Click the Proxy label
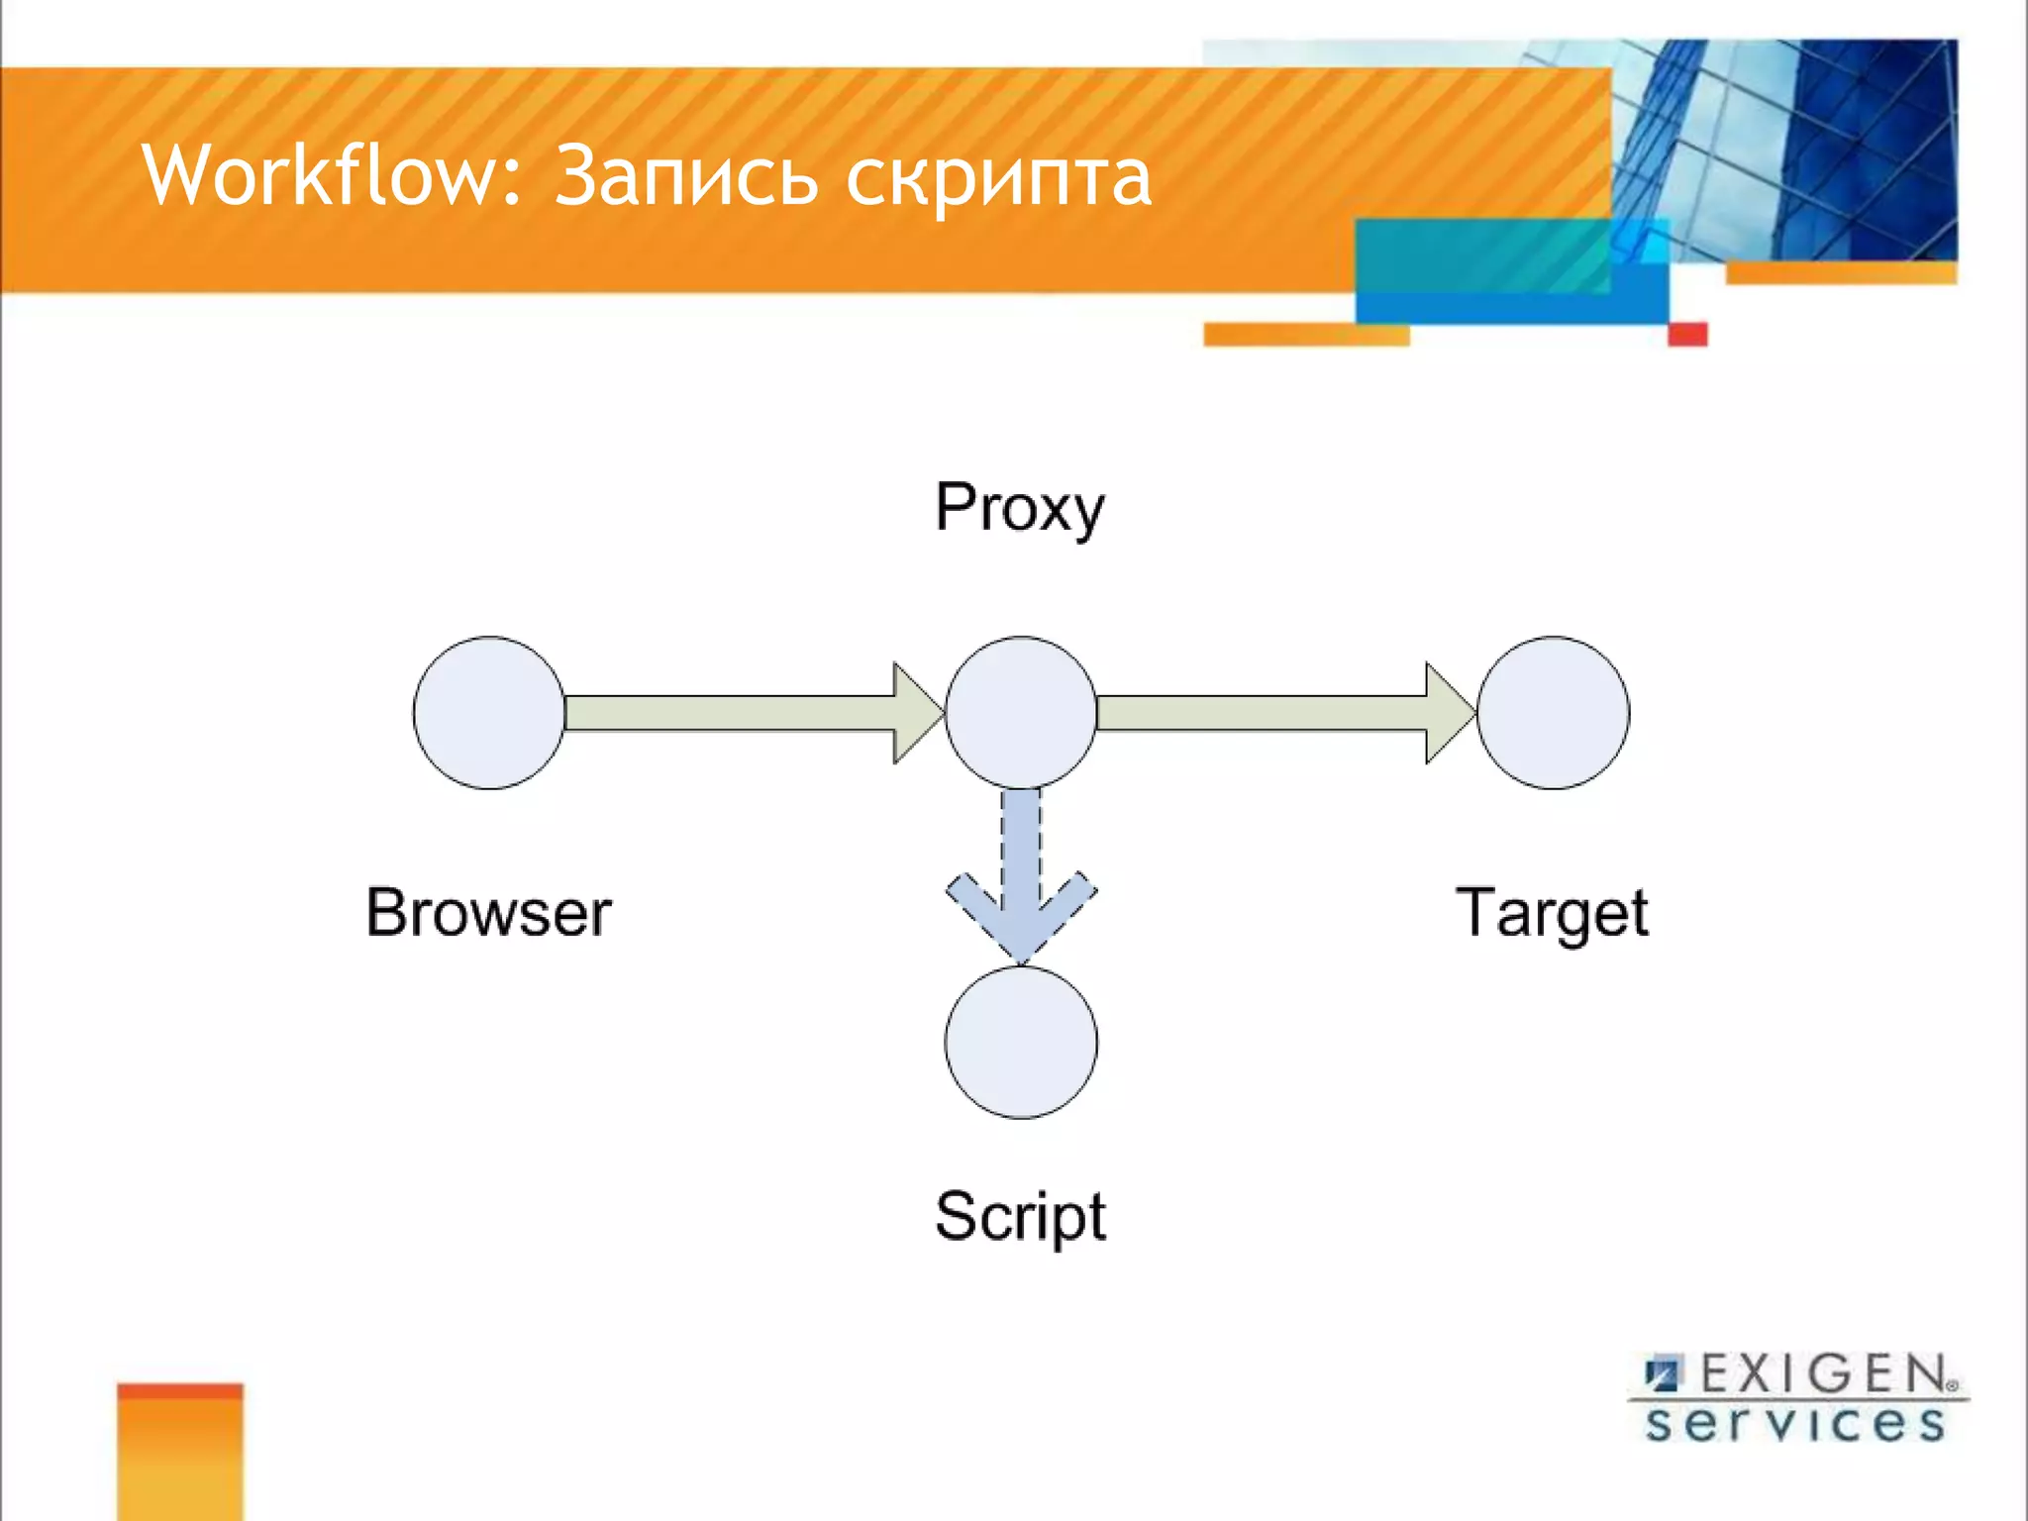1019,509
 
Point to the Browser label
488,912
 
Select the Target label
1551,913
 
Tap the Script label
1020,1217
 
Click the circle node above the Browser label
489,713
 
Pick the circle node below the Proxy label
1021,713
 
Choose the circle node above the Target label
1553,713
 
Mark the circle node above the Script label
1021,1043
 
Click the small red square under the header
1687,334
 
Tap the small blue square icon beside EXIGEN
1664,1374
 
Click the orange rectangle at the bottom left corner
179,1452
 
